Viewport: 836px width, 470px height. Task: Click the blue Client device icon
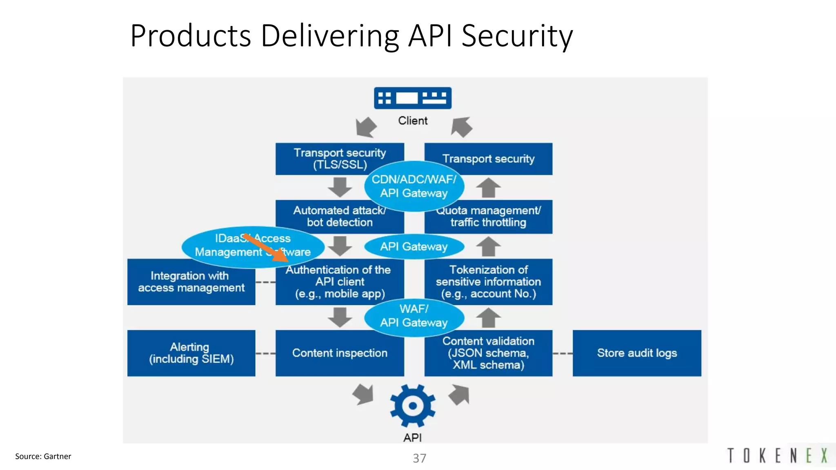tap(413, 98)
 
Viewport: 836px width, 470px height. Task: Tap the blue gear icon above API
tap(413, 406)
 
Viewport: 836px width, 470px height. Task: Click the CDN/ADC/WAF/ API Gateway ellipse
tap(414, 186)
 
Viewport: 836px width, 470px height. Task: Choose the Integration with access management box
tap(191, 282)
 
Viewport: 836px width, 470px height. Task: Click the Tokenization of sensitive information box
tap(488, 282)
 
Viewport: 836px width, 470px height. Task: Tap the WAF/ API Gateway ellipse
tap(414, 316)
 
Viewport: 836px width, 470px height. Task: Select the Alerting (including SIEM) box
tap(191, 353)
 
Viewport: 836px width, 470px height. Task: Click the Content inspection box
tap(340, 353)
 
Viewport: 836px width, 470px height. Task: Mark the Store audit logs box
tap(637, 353)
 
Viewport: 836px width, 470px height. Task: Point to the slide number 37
tap(419, 458)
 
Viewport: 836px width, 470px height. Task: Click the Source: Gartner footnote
tap(43, 456)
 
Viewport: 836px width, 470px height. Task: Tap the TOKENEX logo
tap(778, 456)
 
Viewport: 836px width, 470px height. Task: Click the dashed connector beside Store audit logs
tap(563, 353)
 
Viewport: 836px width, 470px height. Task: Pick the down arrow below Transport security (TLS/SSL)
tap(340, 187)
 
